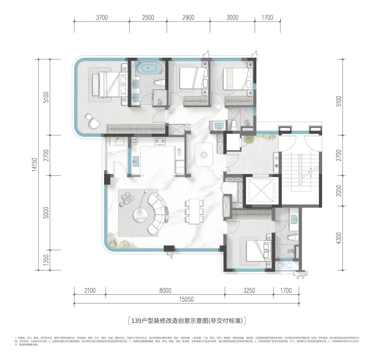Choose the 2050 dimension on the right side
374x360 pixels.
point(339,190)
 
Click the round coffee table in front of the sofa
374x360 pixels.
point(140,215)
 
